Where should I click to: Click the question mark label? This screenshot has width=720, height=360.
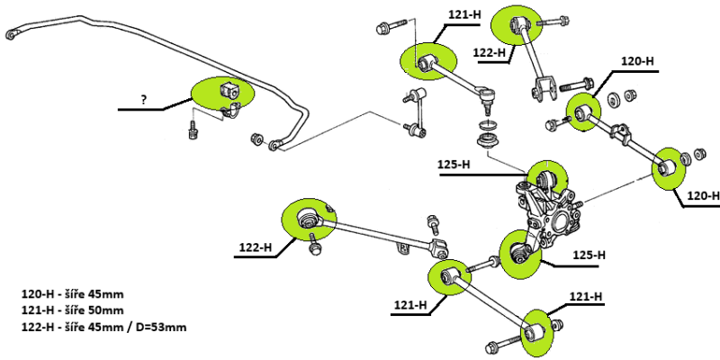coord(143,97)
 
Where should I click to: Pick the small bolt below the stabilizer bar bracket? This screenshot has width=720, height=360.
coord(192,131)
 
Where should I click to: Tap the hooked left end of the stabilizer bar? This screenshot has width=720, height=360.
coord(11,34)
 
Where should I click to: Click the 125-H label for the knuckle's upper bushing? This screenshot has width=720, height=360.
coord(454,164)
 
